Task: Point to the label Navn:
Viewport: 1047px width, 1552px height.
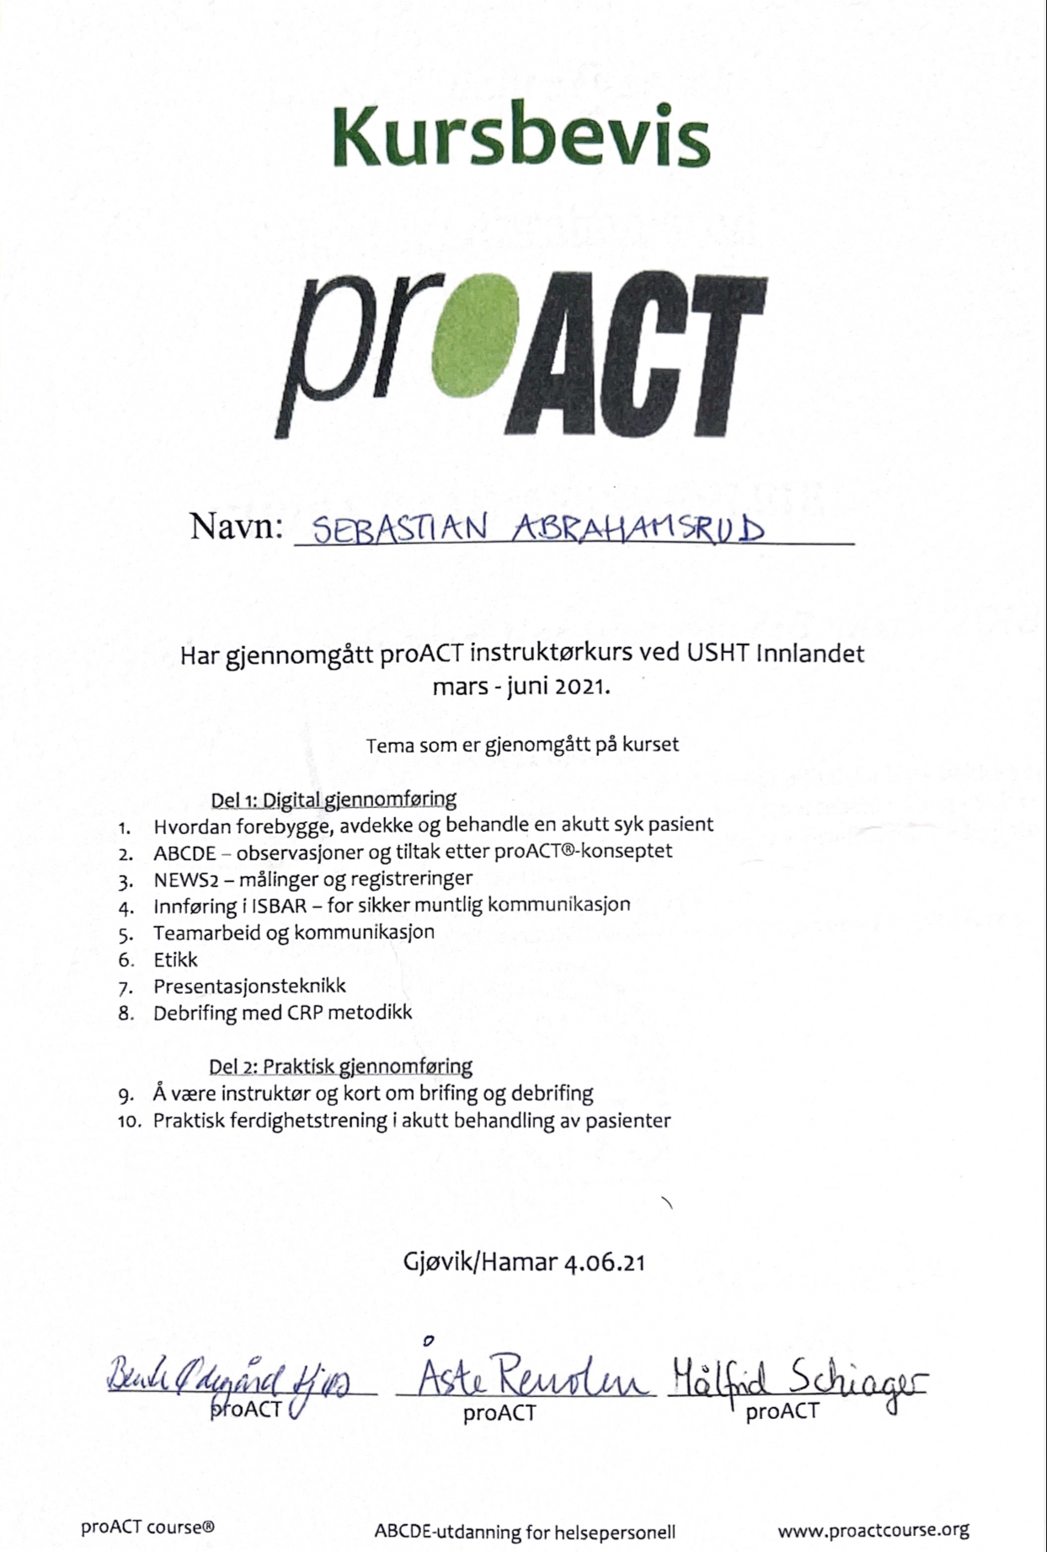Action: coord(236,527)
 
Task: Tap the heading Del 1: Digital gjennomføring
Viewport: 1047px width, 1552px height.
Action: coord(334,799)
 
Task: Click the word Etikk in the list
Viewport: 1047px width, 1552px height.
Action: coord(175,960)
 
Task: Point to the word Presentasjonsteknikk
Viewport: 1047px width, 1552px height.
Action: coord(249,986)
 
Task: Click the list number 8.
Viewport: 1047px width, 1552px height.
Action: coord(126,1014)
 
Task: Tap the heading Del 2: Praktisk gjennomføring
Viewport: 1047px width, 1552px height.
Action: coord(340,1067)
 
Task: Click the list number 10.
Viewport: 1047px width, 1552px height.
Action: coord(129,1121)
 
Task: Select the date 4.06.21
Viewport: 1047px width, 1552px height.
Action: coord(605,1262)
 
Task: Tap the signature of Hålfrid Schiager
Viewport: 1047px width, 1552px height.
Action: coord(796,1379)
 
